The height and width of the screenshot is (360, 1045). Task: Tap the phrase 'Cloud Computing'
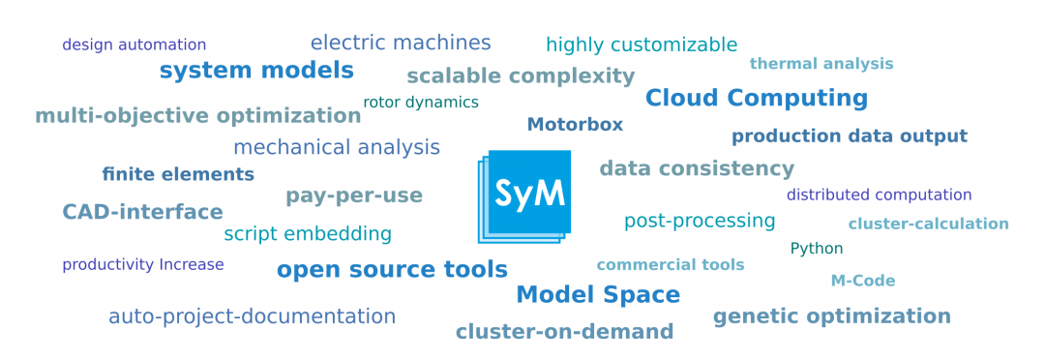[756, 98]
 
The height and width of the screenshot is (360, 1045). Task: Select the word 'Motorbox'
[575, 125]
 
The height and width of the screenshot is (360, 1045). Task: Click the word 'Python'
[816, 249]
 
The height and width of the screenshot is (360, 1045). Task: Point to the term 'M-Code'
[862, 281]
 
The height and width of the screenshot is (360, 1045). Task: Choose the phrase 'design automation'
[134, 45]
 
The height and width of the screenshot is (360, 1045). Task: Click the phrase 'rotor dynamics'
[420, 103]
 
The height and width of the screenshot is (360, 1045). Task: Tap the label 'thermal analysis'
[821, 64]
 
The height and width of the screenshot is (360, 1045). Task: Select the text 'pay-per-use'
[353, 195]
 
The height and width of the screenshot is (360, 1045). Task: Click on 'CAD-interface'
[142, 212]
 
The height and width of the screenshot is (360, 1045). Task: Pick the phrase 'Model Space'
[597, 295]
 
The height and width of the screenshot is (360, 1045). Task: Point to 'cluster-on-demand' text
[564, 332]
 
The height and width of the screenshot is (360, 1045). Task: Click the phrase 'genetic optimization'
[831, 316]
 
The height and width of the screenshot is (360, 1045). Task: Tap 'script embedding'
[307, 234]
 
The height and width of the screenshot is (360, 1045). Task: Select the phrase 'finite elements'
[178, 175]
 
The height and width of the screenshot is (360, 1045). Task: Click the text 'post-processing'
[699, 221]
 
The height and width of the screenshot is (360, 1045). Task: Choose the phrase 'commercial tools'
[670, 265]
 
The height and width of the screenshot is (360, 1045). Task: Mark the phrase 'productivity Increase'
[142, 265]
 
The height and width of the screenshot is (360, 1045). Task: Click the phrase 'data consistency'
[696, 168]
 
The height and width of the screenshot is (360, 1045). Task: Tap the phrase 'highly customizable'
[641, 45]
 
